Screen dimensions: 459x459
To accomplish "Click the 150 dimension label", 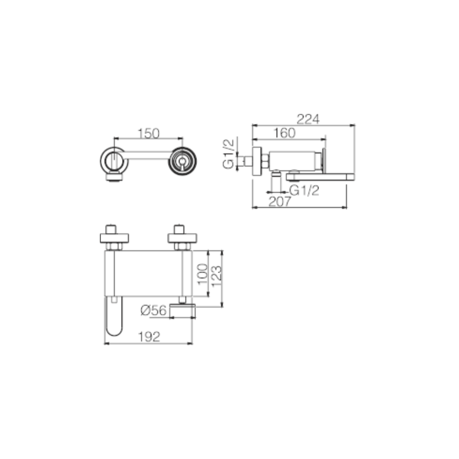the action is [148, 134].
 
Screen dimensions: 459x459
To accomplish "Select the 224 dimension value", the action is [308, 119].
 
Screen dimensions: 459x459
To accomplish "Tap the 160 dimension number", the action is [284, 133].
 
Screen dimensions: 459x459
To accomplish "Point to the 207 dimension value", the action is [280, 202].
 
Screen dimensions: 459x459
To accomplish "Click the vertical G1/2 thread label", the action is [229, 154].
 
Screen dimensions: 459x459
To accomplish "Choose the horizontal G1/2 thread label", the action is [304, 190].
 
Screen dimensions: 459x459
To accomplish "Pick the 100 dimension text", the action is [202, 274].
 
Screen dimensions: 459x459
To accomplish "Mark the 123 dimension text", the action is [216, 276].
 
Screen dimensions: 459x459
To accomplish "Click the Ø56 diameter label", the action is [153, 310].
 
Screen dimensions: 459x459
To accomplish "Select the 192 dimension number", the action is [149, 337].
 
